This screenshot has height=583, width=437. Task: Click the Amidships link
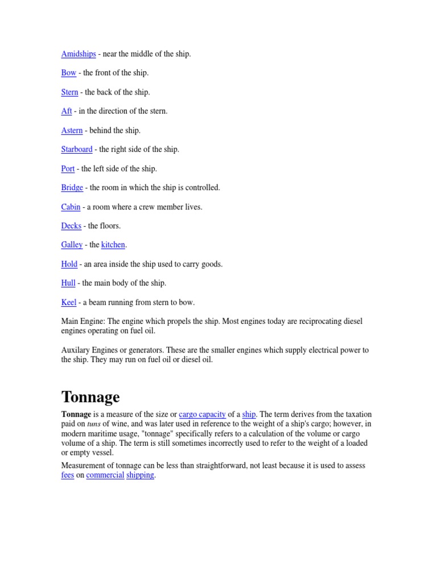pyautogui.click(x=79, y=54)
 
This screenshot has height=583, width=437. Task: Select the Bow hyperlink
pyautogui.click(x=68, y=73)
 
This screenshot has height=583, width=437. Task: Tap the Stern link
pyautogui.click(x=69, y=92)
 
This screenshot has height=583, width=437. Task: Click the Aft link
pyautogui.click(x=67, y=111)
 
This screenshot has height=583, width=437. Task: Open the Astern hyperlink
pyautogui.click(x=72, y=130)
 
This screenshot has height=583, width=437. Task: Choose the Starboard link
pyautogui.click(x=77, y=149)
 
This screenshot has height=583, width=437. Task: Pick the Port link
pyautogui.click(x=68, y=169)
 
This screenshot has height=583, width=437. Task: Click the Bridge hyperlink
pyautogui.click(x=72, y=187)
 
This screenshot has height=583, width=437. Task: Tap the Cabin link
pyautogui.click(x=71, y=207)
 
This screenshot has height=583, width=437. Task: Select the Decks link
pyautogui.click(x=71, y=226)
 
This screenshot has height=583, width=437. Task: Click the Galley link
pyautogui.click(x=72, y=245)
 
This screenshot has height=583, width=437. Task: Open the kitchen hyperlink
pyautogui.click(x=113, y=245)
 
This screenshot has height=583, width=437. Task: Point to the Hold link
pyautogui.click(x=69, y=264)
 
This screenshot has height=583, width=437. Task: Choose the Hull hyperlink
pyautogui.click(x=68, y=283)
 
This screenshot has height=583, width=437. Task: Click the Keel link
pyautogui.click(x=69, y=302)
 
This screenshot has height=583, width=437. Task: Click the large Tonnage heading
pyautogui.click(x=90, y=397)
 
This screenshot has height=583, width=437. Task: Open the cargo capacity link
pyautogui.click(x=202, y=414)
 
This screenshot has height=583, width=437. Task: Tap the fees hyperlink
pyautogui.click(x=68, y=475)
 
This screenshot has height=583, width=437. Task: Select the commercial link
pyautogui.click(x=105, y=475)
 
